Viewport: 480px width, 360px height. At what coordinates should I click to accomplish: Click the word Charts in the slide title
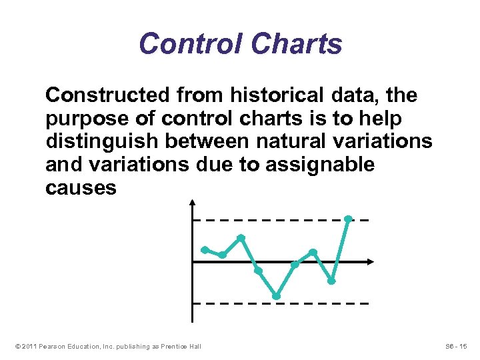297,45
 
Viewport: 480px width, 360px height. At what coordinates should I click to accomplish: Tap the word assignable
319,165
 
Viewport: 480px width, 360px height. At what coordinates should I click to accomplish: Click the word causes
81,188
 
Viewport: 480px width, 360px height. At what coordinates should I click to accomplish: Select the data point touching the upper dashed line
348,219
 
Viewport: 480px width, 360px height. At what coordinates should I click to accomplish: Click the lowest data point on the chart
276,296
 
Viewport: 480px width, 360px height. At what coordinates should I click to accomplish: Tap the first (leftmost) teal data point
205,249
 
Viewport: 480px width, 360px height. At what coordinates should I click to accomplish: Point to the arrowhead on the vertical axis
192,201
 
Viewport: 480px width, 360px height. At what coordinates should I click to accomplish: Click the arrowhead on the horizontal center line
371,262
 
